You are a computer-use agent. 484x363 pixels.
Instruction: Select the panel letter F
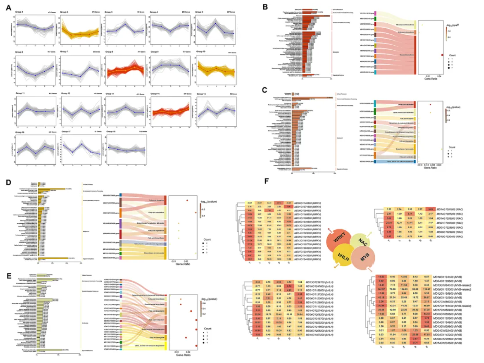[x=267, y=181]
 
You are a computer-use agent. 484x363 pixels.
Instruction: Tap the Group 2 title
[x=64, y=12]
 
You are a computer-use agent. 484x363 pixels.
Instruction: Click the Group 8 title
[x=109, y=52]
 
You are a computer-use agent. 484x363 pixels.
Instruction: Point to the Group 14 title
[x=155, y=94]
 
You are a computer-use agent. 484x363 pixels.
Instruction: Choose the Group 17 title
[x=66, y=132]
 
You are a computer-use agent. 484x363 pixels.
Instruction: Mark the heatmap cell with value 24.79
[x=389, y=223]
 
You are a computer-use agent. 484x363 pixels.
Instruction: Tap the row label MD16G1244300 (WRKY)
[x=308, y=259]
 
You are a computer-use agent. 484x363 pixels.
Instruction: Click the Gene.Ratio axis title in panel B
[x=430, y=79]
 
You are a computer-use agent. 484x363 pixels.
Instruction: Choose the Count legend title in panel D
[x=207, y=240]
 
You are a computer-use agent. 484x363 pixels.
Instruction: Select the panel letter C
[x=265, y=90]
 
